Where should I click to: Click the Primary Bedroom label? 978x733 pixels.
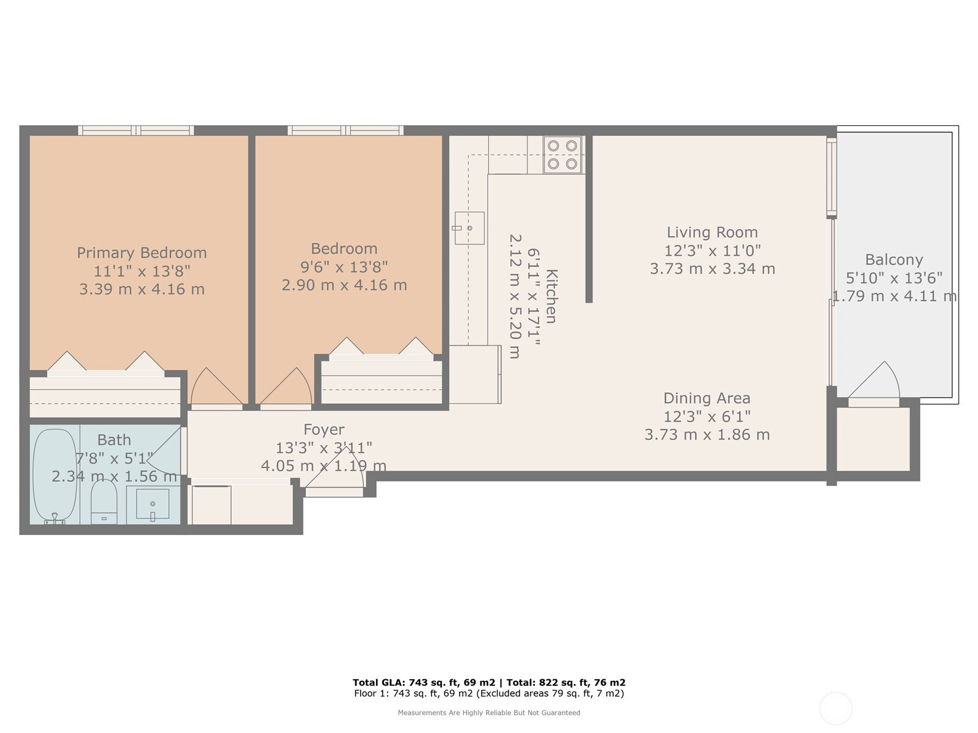click(142, 253)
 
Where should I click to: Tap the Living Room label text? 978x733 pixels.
click(712, 232)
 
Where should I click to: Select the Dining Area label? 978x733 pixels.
click(707, 398)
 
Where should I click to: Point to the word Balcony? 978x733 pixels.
click(894, 260)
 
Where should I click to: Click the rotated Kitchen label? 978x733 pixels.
click(551, 296)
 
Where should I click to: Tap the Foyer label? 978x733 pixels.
click(324, 429)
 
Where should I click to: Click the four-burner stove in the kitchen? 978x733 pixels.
click(562, 155)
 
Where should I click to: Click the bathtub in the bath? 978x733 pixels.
click(55, 476)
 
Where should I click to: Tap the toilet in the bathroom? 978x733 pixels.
click(104, 501)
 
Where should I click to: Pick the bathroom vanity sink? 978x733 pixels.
click(153, 505)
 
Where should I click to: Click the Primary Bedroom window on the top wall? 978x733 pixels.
click(136, 130)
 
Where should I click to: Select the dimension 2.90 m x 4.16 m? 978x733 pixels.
click(344, 285)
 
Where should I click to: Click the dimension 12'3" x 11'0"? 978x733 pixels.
click(712, 250)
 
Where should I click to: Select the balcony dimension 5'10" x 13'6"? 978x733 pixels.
click(894, 278)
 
